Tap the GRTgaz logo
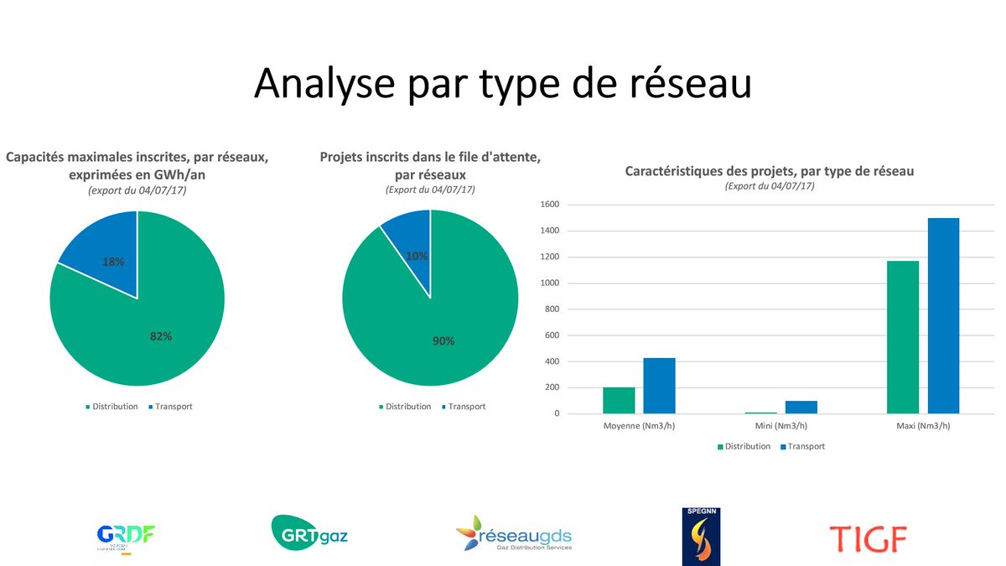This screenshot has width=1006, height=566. coord(309,532)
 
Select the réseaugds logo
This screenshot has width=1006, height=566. coord(514,533)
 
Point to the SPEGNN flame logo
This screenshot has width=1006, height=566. coord(701,537)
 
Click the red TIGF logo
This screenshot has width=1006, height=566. coord(868,538)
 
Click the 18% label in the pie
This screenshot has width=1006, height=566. coord(113,262)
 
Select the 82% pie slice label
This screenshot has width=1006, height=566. coord(161,336)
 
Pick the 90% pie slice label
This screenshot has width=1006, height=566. coord(444,340)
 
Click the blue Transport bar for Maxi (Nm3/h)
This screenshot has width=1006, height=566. coord(943,315)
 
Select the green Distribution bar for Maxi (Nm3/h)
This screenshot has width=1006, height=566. coord(903,337)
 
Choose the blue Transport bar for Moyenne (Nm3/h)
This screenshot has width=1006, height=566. coord(659,386)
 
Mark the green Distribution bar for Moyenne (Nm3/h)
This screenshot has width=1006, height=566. coord(619,400)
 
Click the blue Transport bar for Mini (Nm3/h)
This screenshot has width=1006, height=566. coord(801,407)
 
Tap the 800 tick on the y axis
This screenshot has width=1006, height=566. coord(551,309)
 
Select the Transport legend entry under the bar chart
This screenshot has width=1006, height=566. coord(802,447)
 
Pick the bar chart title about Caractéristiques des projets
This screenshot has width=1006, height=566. coord(769,171)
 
